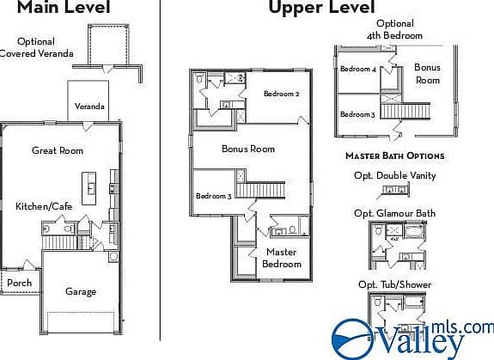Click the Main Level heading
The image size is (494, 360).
pyautogui.click(x=64, y=7)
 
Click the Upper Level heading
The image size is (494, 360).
pyautogui.click(x=321, y=7)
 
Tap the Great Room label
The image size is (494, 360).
pyautogui.click(x=58, y=150)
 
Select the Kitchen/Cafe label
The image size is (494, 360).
pyautogui.click(x=44, y=206)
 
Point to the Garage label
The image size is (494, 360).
pyautogui.click(x=81, y=291)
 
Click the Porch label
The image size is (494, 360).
pyautogui.click(x=19, y=283)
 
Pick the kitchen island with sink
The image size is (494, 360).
pyautogui.click(x=89, y=188)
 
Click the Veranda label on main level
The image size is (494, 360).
pyautogui.click(x=89, y=107)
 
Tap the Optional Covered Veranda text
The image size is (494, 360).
pyautogui.click(x=36, y=47)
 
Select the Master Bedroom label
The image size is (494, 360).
pyautogui.click(x=282, y=258)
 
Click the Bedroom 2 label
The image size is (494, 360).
pyautogui.click(x=281, y=94)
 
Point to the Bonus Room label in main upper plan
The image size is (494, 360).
pyautogui.click(x=248, y=149)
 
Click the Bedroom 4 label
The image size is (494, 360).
pyautogui.click(x=358, y=69)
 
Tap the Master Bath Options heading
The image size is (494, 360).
pyautogui.click(x=395, y=156)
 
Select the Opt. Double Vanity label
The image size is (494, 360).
pyautogui.click(x=395, y=175)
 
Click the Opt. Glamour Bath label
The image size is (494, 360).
pyautogui.click(x=394, y=213)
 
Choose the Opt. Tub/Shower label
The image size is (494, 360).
pyautogui.click(x=394, y=284)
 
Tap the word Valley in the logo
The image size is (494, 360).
pyautogui.click(x=421, y=342)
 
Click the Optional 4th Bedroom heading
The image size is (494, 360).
pyautogui.click(x=394, y=29)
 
